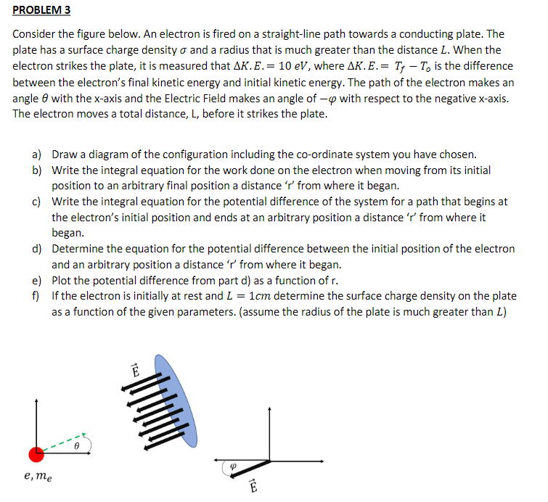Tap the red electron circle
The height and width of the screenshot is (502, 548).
click(x=36, y=453)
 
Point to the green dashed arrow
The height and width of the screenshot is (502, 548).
click(x=64, y=443)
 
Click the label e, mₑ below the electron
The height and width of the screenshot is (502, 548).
click(x=38, y=477)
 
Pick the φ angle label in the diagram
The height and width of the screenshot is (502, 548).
click(x=232, y=468)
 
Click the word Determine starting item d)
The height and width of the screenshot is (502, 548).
click(x=79, y=249)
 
